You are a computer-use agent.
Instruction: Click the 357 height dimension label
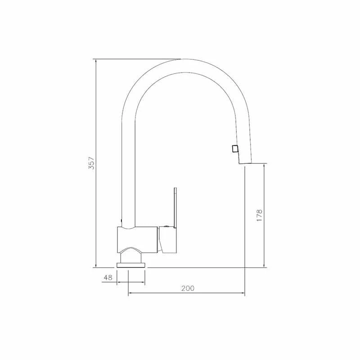[x=91, y=163]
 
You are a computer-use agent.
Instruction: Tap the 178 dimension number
[x=259, y=215]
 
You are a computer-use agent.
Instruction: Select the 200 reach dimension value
[x=188, y=288]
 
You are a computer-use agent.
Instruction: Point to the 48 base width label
[x=108, y=278]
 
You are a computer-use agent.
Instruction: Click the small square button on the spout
[x=235, y=149]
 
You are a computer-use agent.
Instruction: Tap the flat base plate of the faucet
[x=131, y=265]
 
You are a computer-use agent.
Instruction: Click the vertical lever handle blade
[x=175, y=208]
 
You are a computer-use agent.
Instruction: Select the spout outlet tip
[x=245, y=163]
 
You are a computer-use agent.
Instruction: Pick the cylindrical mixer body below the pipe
[x=137, y=240]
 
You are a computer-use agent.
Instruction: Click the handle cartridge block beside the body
[x=167, y=240]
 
